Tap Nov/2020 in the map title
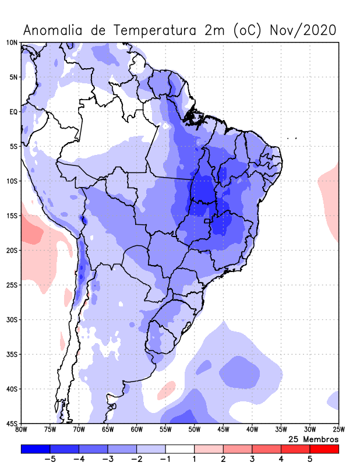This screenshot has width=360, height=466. (x=303, y=30)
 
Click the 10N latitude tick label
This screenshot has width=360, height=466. (x=12, y=43)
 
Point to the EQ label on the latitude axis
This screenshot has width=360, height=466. (x=13, y=111)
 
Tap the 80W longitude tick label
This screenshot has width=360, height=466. (x=21, y=430)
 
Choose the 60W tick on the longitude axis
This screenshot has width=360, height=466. (x=136, y=430)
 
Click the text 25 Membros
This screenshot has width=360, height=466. (x=313, y=439)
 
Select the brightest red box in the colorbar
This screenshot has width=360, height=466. (x=324, y=449)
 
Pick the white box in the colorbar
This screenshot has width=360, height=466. (x=179, y=449)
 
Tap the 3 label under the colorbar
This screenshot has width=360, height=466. (x=252, y=459)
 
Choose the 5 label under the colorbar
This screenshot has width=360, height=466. (x=309, y=459)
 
